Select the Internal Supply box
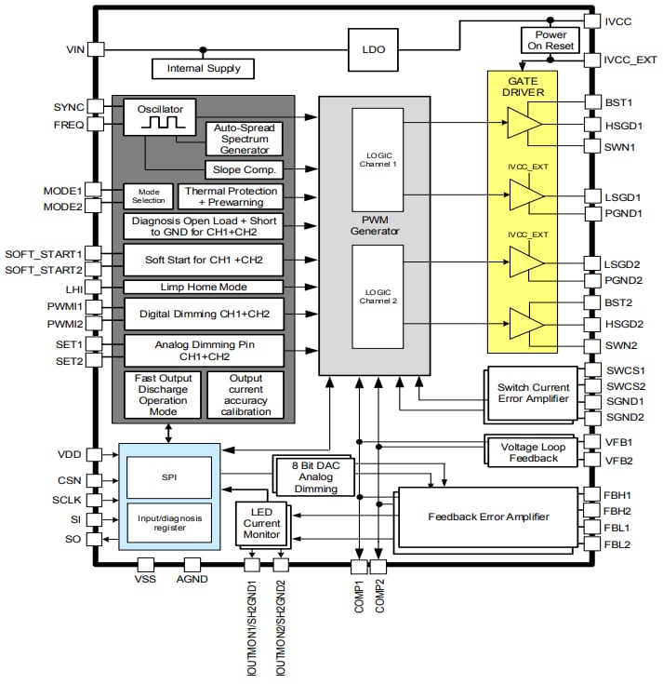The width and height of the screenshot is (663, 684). click(204, 68)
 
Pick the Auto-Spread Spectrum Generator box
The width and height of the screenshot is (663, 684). click(245, 138)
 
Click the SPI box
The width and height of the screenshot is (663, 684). click(169, 476)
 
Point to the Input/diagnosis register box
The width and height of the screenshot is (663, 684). click(169, 521)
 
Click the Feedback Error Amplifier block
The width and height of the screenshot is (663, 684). click(488, 516)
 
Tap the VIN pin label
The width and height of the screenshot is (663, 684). click(76, 49)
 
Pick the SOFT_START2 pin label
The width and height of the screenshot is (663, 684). click(44, 269)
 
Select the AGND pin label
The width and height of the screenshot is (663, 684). click(192, 580)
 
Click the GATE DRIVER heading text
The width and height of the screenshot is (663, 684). click(522, 87)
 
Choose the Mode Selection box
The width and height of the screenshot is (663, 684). click(149, 195)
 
